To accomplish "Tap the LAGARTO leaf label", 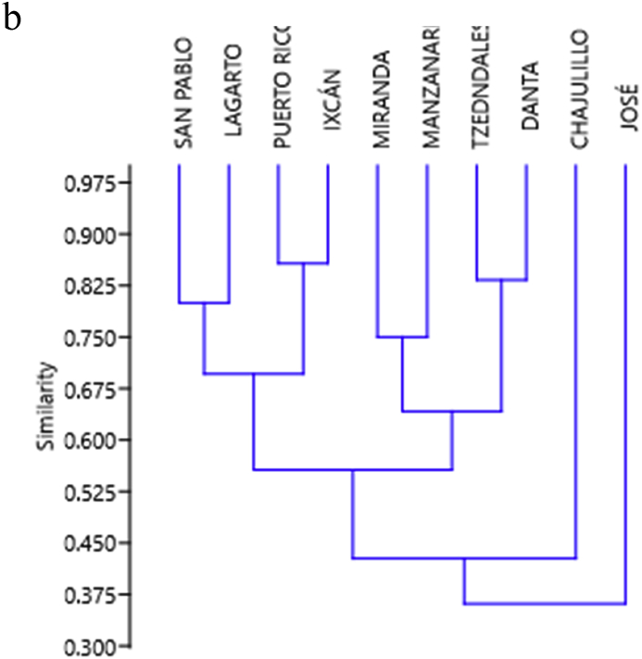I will click(233, 90).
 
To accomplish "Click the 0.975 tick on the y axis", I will click(89, 183).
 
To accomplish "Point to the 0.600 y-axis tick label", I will click(89, 441).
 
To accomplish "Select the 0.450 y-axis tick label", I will click(89, 543).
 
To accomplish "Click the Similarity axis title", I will click(47, 406).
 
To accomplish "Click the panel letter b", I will click(12, 19).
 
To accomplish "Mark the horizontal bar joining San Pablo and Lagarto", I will click(204, 303).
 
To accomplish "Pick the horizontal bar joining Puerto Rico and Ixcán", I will click(304, 264).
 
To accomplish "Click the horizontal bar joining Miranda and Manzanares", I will click(402, 338).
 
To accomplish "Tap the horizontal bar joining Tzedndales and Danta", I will click(501, 280).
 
